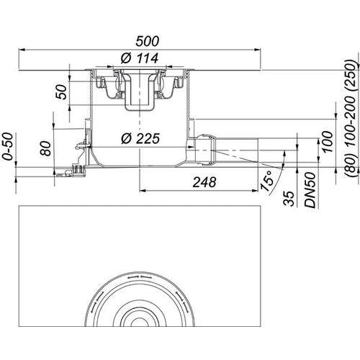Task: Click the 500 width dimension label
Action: (x=147, y=41)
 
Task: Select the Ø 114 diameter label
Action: (x=140, y=58)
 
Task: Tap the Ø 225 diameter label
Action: (x=140, y=138)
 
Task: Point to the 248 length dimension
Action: (x=204, y=182)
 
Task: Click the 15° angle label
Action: (x=267, y=181)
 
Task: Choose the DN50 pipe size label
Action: (x=310, y=190)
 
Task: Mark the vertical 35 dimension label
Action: (x=289, y=199)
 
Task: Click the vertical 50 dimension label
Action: (x=62, y=92)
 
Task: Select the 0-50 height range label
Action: (x=8, y=146)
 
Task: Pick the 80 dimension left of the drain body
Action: (x=46, y=148)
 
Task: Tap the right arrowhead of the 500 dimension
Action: (x=258, y=50)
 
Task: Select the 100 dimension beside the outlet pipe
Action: (x=328, y=142)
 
